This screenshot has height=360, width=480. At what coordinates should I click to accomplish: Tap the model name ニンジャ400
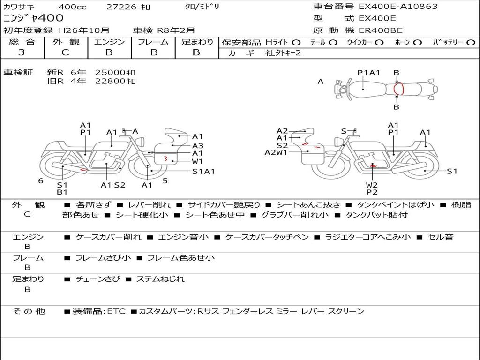click(33, 18)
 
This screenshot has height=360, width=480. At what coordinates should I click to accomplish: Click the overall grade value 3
click(22, 52)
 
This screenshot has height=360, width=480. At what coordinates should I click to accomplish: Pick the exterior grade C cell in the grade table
click(65, 52)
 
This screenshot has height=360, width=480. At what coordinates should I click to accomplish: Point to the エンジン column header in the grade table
click(109, 42)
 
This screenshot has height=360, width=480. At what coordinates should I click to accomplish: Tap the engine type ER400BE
click(380, 30)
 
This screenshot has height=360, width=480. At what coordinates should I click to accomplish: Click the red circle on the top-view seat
click(398, 89)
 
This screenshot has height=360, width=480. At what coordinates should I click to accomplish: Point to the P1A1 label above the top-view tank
click(368, 73)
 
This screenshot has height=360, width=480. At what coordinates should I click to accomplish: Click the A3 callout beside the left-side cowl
click(198, 145)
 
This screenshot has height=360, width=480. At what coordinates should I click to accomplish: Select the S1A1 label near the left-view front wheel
click(203, 171)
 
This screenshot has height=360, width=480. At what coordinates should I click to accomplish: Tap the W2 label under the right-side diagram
click(372, 184)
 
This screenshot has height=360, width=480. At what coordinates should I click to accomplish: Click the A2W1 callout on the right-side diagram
click(276, 152)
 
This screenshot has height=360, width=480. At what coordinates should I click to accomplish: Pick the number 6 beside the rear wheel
click(41, 180)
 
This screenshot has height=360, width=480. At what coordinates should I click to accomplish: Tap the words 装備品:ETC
click(99, 311)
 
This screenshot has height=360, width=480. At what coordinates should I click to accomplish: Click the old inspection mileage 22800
click(115, 81)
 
